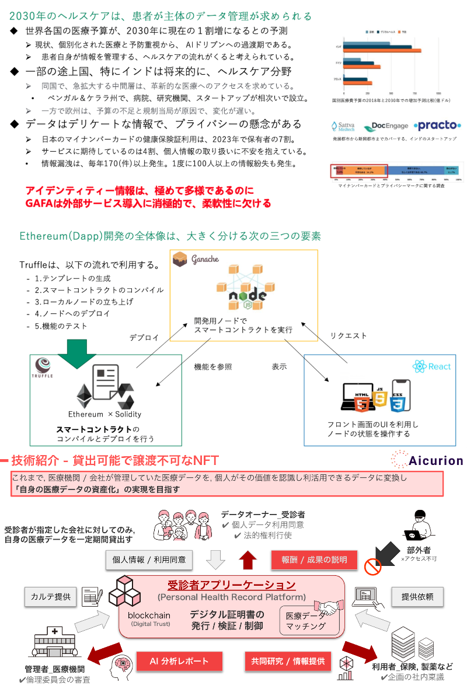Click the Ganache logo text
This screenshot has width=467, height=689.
[203, 259]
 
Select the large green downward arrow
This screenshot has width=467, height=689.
[77, 353]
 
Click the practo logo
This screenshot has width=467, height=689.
[437, 125]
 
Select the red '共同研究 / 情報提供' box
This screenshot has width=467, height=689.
[288, 661]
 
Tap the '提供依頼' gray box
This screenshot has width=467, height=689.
[417, 596]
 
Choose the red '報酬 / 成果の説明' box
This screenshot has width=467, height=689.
[314, 559]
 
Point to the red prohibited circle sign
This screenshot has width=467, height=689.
[372, 565]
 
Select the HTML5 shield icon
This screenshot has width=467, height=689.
[362, 402]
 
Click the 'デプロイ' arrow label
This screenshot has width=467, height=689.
[144, 338]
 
